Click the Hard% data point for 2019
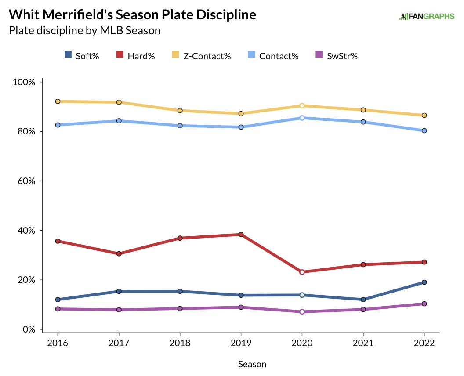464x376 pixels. coord(241,235)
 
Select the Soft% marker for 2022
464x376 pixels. coord(424,282)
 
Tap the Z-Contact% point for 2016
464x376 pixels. coord(58,101)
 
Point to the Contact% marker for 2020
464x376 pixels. coord(302,118)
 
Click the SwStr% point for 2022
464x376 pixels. coord(424,304)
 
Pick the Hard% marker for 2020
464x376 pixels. coord(302,272)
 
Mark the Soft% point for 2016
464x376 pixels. coord(58,300)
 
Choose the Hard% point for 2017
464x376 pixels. coord(119,253)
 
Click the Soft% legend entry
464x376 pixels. coord(82,56)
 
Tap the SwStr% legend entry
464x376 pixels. coord(337,56)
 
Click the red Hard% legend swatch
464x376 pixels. coord(119,55)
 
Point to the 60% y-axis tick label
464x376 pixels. coord(26,181)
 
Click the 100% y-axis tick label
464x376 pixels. coord(24,82)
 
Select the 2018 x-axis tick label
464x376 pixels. coord(180,344)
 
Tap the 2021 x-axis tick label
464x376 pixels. coord(363,344)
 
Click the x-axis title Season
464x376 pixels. coord(252,364)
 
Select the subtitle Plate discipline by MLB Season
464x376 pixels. coord(84,31)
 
